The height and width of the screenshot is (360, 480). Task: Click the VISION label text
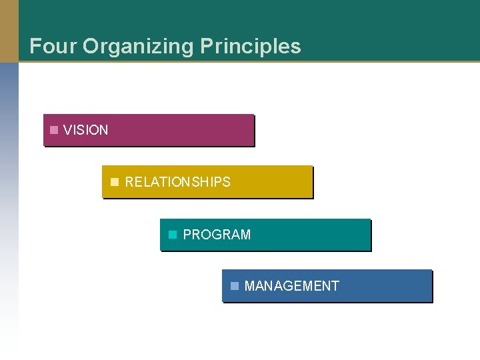pyautogui.click(x=85, y=130)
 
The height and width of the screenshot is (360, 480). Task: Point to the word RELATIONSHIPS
pyautogui.click(x=177, y=182)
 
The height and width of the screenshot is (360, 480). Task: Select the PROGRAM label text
pyautogui.click(x=217, y=235)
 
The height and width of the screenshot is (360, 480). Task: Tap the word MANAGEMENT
pyautogui.click(x=291, y=286)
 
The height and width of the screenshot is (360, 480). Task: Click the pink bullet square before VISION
pyautogui.click(x=54, y=129)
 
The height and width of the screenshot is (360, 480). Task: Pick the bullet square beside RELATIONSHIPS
pyautogui.click(x=114, y=181)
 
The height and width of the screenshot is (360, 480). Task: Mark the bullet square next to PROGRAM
pyautogui.click(x=173, y=234)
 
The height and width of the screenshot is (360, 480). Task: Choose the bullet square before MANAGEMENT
pyautogui.click(x=234, y=286)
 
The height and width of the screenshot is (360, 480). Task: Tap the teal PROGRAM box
pyautogui.click(x=313, y=235)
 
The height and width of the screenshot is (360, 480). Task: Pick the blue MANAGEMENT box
pyautogui.click(x=387, y=286)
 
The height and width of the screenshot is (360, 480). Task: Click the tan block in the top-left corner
pyautogui.click(x=9, y=31)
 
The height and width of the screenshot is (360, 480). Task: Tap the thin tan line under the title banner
pyautogui.click(x=267, y=62)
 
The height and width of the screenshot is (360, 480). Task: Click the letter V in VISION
pyautogui.click(x=67, y=130)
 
